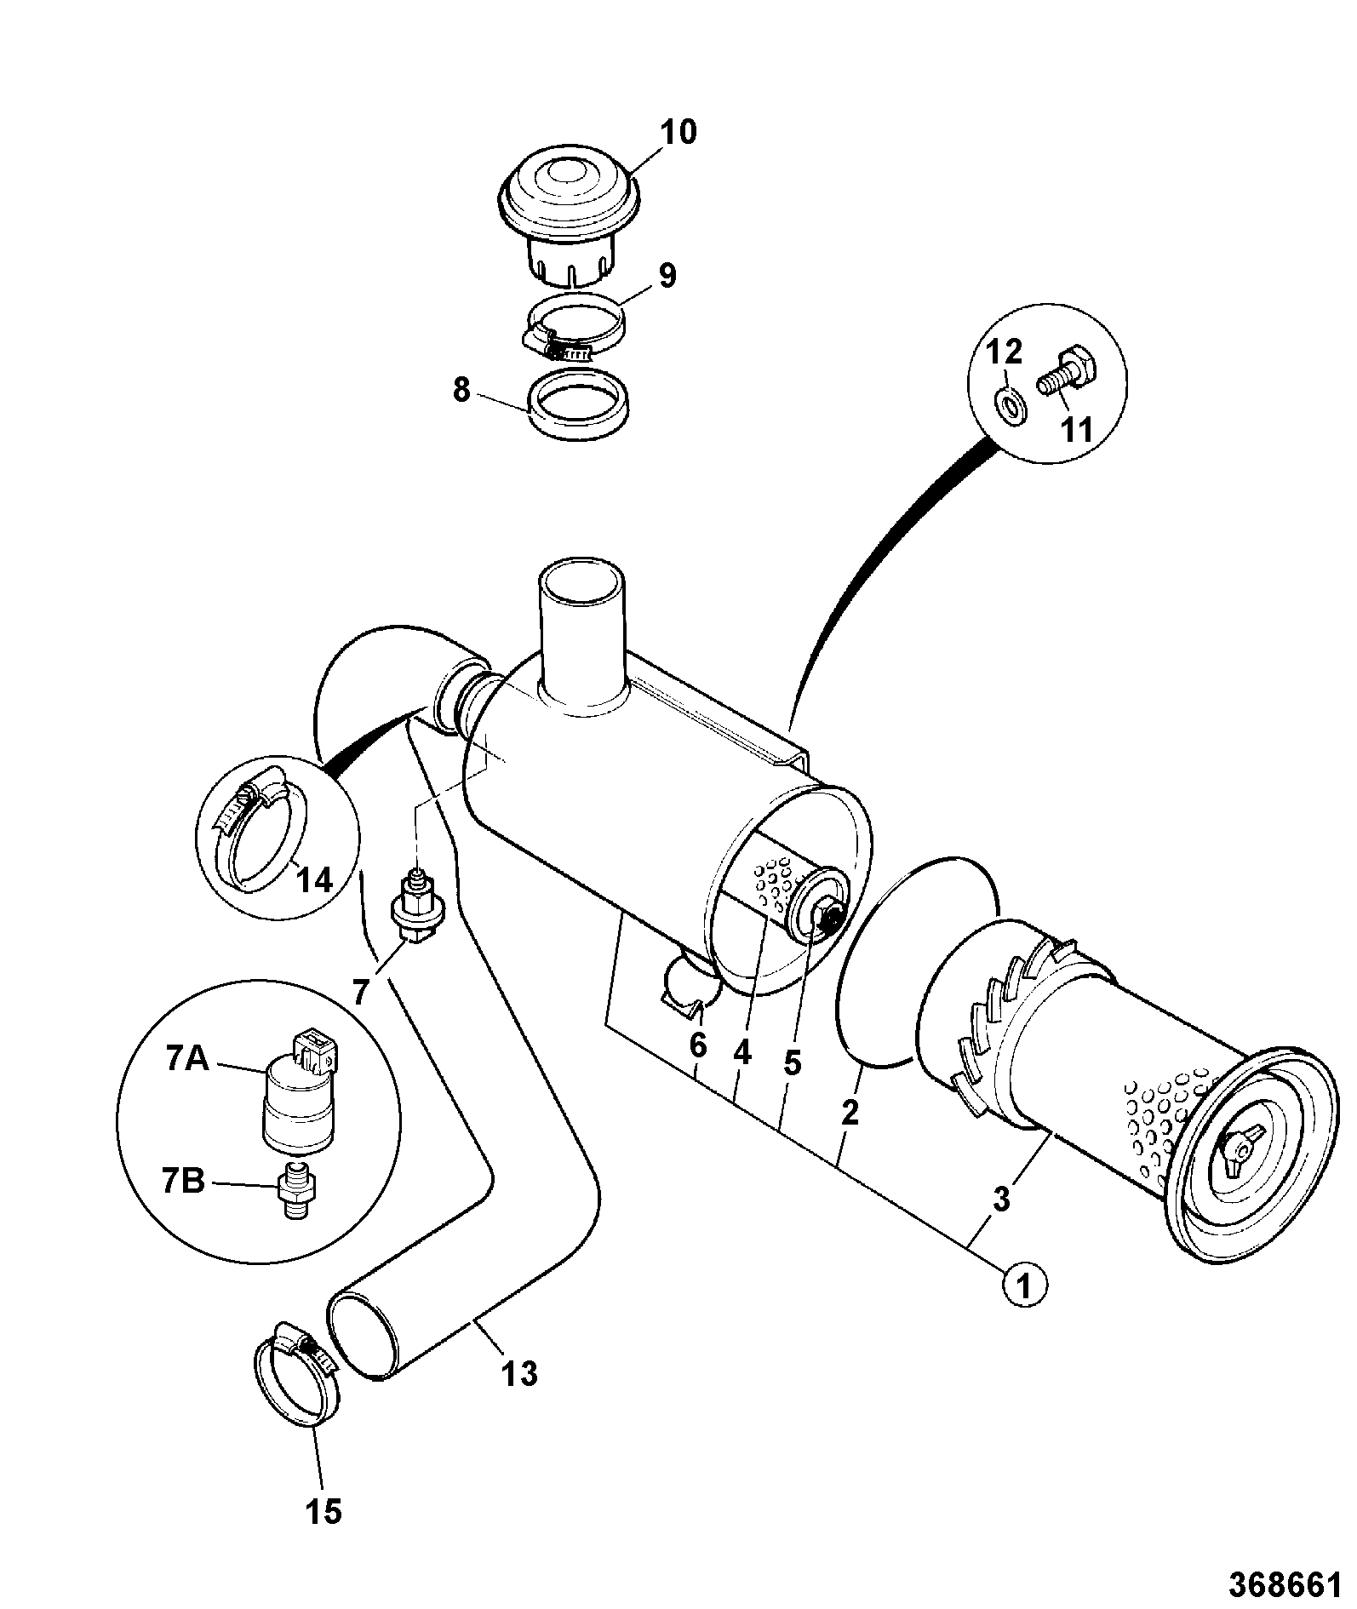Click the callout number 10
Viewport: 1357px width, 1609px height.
pos(678,132)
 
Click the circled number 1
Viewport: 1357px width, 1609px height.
pos(1025,1308)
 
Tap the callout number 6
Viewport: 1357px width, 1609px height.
pos(698,1045)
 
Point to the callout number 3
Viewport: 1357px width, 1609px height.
pos(1001,1200)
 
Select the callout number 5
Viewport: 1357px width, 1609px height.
pos(793,1062)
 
